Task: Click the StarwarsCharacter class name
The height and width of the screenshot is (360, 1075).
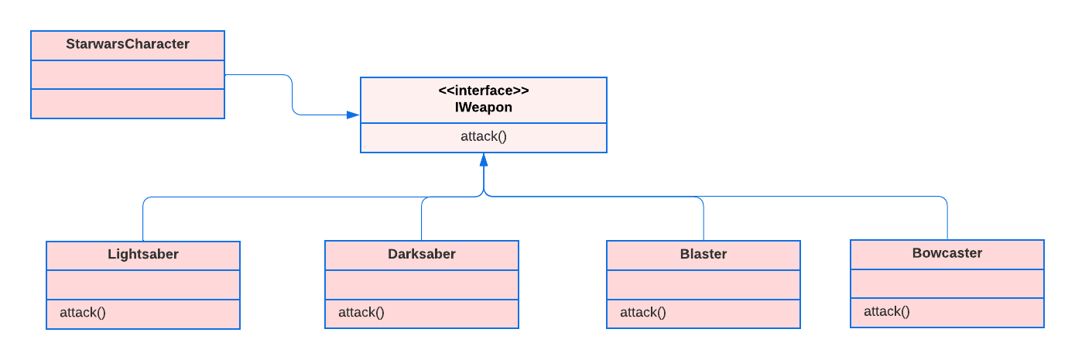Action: pos(128,45)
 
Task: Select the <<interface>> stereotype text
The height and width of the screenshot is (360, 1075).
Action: pos(484,91)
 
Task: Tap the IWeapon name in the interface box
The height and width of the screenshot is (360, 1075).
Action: pos(484,108)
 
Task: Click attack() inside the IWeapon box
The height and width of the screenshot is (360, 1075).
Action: pos(484,137)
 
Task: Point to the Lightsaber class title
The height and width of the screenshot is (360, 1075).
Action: pos(143,255)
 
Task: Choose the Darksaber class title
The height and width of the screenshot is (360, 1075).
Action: pos(422,254)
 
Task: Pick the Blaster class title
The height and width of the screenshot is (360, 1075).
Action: pos(704,254)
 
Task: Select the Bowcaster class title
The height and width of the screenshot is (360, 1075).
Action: pos(947,253)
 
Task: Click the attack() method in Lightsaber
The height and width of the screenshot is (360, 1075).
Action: pos(83,313)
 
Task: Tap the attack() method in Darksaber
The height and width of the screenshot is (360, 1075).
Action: pos(361,313)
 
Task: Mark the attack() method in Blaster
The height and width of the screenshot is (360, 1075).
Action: pos(643,313)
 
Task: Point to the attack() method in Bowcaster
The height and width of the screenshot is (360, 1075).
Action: pos(887,311)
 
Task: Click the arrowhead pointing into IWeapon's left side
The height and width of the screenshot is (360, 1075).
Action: pos(353,115)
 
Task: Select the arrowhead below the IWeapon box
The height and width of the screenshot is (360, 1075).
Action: pos(484,160)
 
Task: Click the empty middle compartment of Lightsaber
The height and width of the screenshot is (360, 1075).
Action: pos(143,284)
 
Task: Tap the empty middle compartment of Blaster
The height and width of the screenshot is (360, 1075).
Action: pos(704,284)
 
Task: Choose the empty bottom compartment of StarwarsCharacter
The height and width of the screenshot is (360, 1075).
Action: pos(128,104)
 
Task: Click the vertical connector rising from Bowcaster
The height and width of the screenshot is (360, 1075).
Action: pos(947,221)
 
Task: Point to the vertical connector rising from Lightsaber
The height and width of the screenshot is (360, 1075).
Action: pos(143,221)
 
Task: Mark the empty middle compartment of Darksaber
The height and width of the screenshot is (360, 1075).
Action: pos(422,284)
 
